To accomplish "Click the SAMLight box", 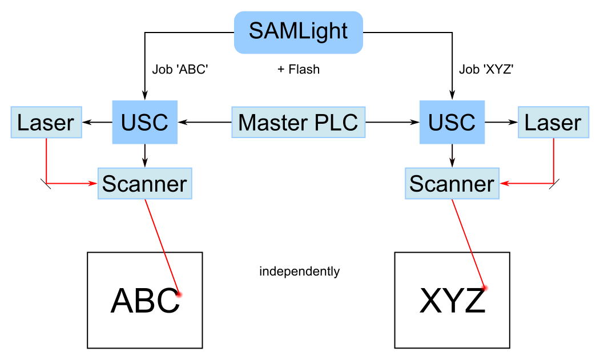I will (299, 32).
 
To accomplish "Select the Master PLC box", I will (298, 122).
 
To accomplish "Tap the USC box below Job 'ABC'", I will (145, 122).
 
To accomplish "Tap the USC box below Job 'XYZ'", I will (452, 122).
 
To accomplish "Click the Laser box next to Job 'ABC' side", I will (46, 122).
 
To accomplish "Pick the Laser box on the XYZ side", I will (553, 122).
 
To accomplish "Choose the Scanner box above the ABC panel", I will (144, 184).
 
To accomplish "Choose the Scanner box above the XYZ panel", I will (452, 184).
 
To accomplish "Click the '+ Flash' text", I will (299, 70).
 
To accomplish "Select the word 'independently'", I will (299, 272).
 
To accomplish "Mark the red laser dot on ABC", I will (179, 294).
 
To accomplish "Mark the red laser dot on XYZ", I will (485, 288).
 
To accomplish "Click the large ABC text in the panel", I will (145, 300).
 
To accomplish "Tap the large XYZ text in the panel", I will (452, 301).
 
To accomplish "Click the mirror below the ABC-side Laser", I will (46, 184).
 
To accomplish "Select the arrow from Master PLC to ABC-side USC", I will (205, 122).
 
